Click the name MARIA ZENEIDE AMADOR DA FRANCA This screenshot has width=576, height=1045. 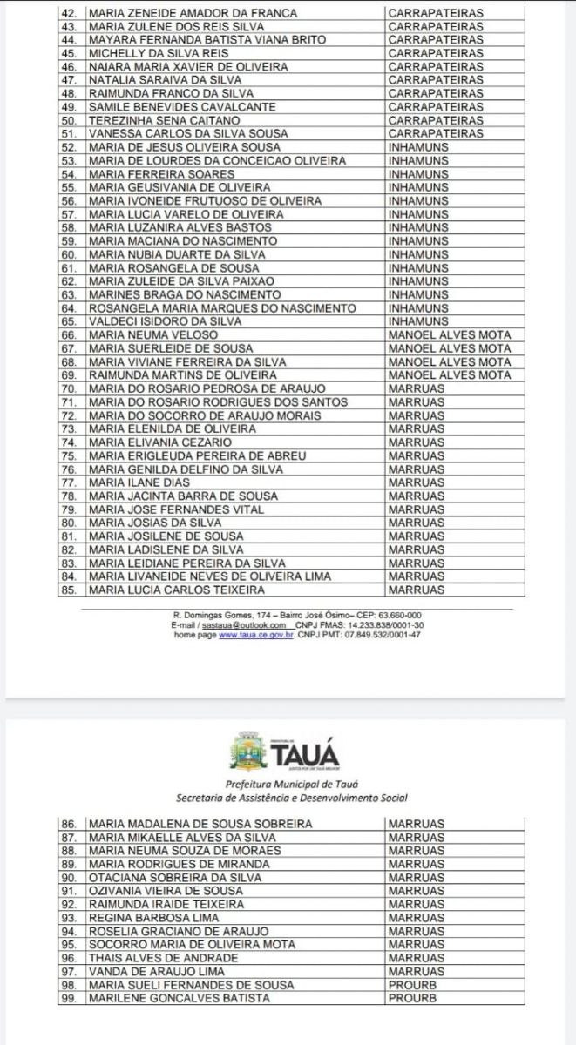(x=193, y=13)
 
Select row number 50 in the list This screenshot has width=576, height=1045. (x=71, y=120)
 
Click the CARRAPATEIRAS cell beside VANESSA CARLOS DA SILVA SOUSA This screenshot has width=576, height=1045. (x=435, y=134)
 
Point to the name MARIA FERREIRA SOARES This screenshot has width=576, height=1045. (x=161, y=174)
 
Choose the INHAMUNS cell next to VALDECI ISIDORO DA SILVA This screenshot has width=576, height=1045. (x=418, y=321)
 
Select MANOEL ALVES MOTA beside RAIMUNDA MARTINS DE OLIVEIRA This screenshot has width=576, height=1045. (x=450, y=375)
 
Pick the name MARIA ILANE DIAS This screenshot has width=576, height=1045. (x=139, y=482)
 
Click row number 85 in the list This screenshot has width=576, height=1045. (x=71, y=590)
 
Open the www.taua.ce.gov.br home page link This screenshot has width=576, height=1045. (x=255, y=635)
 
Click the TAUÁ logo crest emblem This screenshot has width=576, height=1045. (x=247, y=752)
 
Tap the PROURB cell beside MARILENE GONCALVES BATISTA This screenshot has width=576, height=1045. (x=412, y=998)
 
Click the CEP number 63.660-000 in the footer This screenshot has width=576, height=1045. (x=402, y=616)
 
